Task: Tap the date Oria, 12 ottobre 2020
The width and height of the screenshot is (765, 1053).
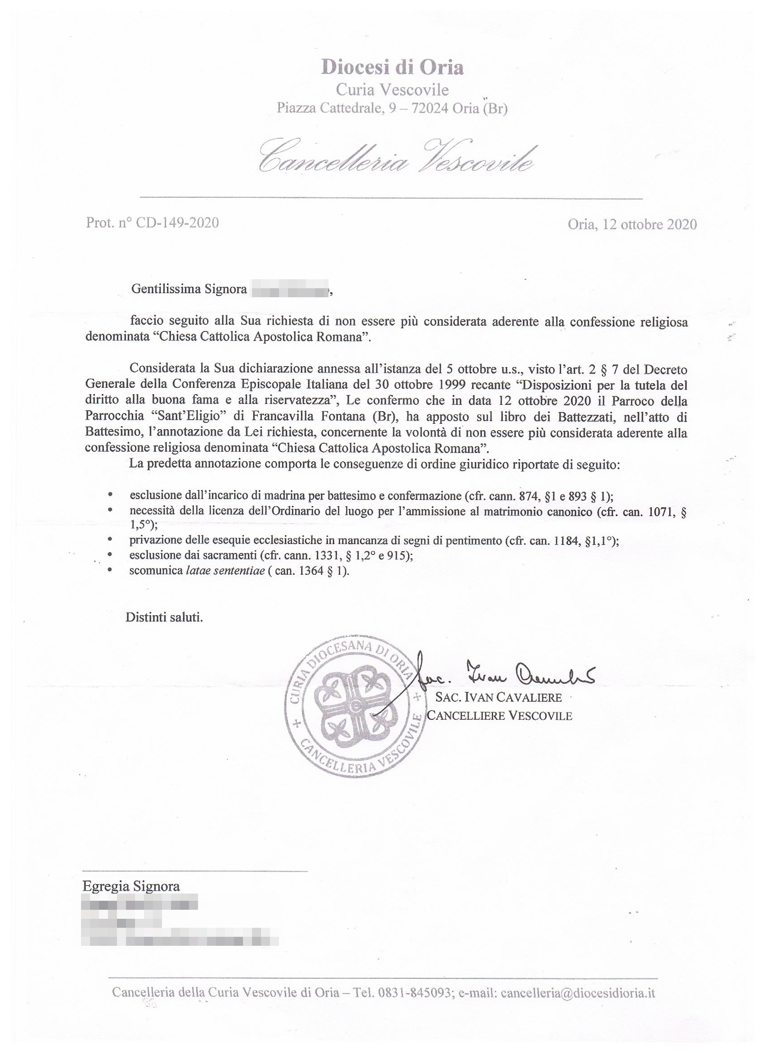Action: tap(632, 225)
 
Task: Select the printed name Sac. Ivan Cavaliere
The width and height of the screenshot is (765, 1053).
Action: tap(498, 697)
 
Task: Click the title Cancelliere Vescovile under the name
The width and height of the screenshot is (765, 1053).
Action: tap(499, 716)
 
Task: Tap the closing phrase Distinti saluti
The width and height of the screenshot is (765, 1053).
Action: tap(164, 618)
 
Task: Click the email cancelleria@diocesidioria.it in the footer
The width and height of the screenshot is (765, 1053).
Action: tap(578, 993)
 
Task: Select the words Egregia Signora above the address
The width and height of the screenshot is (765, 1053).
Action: tap(131, 886)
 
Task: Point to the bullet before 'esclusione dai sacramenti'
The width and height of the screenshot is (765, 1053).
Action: tap(109, 555)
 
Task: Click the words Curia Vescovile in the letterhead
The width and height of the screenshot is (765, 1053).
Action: tap(392, 90)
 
